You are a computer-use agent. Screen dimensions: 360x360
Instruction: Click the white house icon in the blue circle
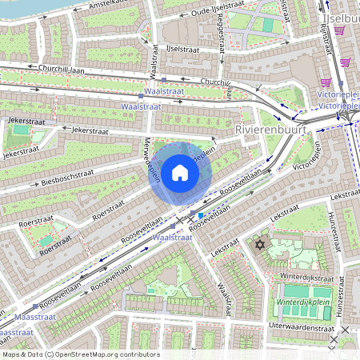tap(180, 171)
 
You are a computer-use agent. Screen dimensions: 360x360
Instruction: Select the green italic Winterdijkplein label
tap(309, 304)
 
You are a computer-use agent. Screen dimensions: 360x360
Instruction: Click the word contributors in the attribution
tap(139, 354)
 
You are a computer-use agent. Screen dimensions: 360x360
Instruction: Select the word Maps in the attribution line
tap(11, 354)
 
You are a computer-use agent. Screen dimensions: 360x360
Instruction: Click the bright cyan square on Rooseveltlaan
tap(200, 215)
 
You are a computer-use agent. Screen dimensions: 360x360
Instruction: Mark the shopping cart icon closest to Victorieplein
tap(326, 82)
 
